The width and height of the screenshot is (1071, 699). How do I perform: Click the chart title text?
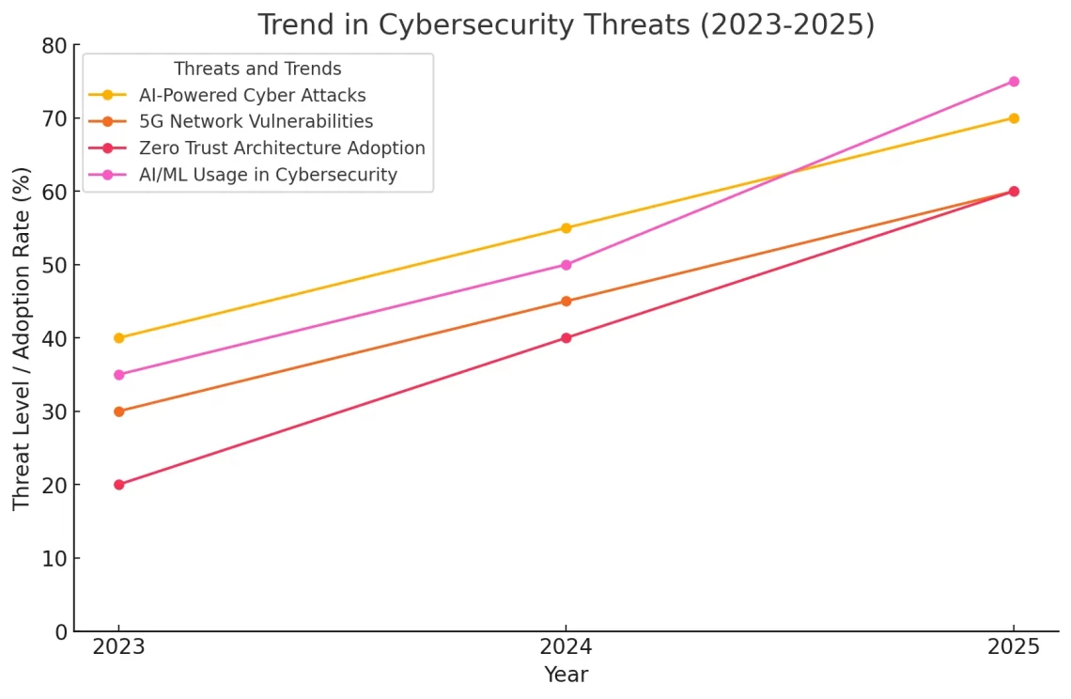[x=566, y=25]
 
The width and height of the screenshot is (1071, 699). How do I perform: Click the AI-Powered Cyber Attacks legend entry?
[x=252, y=95]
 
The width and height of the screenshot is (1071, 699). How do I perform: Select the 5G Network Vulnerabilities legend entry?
[x=256, y=121]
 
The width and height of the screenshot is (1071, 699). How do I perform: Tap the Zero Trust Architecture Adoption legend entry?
[x=282, y=148]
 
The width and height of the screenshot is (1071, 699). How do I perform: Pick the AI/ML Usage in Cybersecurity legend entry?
[x=268, y=175]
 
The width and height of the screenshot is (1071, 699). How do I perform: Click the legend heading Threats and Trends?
[x=257, y=70]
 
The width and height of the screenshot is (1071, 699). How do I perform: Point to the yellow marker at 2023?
[x=118, y=338]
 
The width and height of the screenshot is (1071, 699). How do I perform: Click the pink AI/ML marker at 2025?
[x=1014, y=82]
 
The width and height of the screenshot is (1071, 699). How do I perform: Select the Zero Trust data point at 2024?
[x=566, y=338]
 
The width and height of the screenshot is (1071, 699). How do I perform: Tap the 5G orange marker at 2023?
[x=118, y=412]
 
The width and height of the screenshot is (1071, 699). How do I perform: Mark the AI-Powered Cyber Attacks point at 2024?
[x=566, y=228]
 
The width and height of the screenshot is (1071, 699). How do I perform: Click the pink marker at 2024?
[x=566, y=265]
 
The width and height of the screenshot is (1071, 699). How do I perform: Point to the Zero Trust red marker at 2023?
[x=118, y=485]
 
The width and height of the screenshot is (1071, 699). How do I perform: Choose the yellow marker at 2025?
[x=1014, y=118]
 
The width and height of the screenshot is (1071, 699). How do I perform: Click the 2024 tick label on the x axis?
[x=566, y=648]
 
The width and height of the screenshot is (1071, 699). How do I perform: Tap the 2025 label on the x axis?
[x=1014, y=648]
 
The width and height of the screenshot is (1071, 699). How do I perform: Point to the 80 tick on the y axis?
[x=54, y=46]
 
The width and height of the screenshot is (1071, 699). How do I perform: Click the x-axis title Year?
[x=566, y=675]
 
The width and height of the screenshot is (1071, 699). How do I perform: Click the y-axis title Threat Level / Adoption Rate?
[x=23, y=338]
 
